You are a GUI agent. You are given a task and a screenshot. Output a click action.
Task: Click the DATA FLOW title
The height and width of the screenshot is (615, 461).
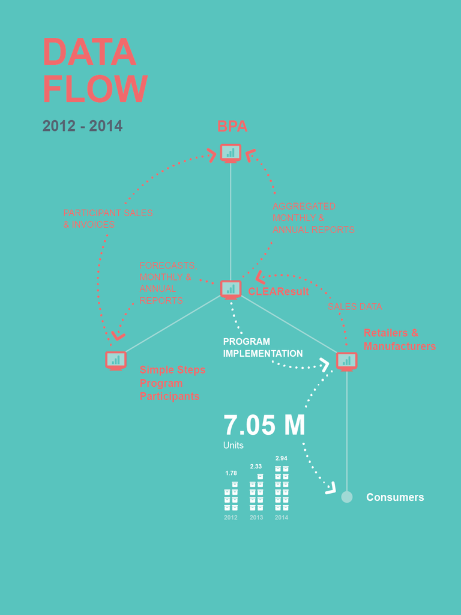tap(94, 70)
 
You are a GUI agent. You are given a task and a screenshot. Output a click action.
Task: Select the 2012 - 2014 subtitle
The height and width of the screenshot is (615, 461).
tap(82, 126)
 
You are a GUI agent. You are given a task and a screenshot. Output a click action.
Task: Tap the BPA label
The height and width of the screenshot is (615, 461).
tap(232, 127)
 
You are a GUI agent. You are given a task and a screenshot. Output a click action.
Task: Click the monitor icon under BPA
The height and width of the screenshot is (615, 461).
tap(230, 153)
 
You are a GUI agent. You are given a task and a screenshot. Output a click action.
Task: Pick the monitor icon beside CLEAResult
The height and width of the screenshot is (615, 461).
tap(230, 289)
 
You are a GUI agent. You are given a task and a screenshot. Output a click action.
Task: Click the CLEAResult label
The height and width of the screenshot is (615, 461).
tap(279, 292)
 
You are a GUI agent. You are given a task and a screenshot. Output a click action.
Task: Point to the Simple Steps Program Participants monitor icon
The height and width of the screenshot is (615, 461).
tap(116, 360)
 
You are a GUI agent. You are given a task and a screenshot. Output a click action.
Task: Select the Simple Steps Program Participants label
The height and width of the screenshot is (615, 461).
tap(172, 383)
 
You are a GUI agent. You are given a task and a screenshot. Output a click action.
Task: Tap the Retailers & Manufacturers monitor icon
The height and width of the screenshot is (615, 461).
tap(346, 360)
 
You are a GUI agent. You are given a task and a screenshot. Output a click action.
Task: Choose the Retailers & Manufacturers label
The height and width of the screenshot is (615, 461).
tap(399, 339)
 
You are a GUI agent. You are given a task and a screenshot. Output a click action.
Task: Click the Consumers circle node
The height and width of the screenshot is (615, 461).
tap(347, 497)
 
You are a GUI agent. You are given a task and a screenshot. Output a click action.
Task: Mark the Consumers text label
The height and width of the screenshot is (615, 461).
tap(395, 497)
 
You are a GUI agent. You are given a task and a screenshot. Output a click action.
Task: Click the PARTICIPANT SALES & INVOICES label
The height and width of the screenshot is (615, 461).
tap(107, 219)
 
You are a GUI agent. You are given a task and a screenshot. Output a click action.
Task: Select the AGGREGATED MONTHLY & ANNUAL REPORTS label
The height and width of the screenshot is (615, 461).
tap(313, 218)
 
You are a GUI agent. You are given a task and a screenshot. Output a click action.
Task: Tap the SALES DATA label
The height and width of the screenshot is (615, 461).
tap(355, 306)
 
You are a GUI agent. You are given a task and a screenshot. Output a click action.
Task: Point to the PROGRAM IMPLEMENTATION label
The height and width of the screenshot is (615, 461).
tap(262, 348)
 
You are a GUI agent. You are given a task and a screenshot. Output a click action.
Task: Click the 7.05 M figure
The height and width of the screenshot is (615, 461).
tap(264, 425)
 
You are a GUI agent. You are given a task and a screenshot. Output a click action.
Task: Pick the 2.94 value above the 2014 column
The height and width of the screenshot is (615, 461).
tap(282, 458)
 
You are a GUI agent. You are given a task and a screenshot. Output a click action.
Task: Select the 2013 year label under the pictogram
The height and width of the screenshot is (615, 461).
tap(256, 518)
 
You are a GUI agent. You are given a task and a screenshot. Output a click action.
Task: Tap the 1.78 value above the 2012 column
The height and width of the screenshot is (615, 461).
tap(231, 473)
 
